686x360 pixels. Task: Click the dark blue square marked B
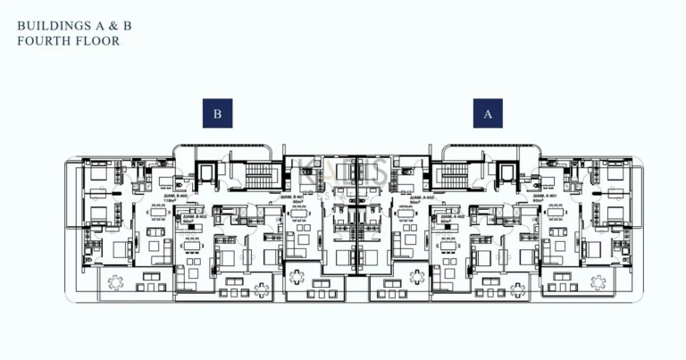point(217,113)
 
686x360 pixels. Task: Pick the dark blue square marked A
point(488,113)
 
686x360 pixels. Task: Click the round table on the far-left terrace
point(116,282)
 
